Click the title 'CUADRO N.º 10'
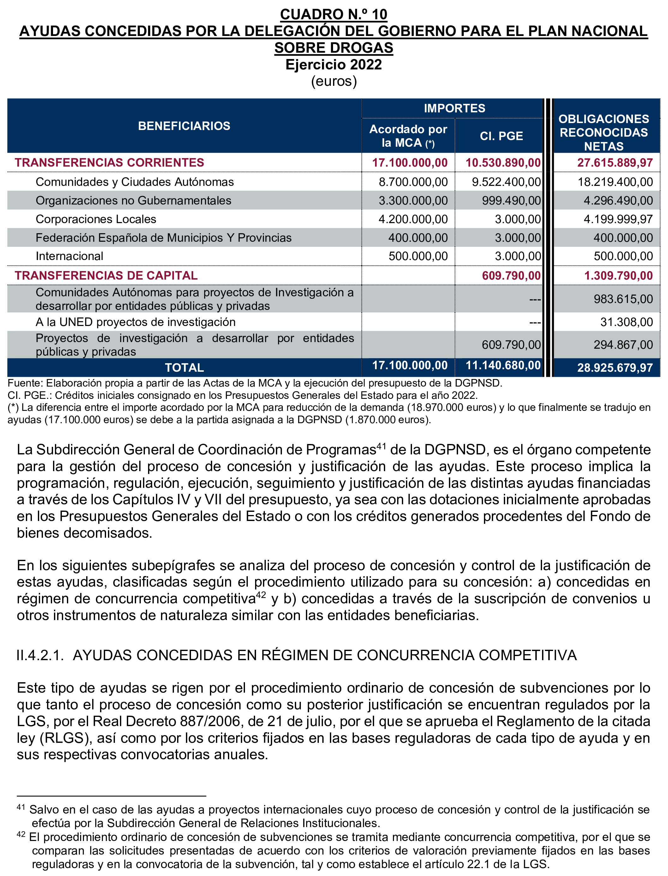(x=334, y=14)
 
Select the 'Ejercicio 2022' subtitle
(x=334, y=64)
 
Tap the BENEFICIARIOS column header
(x=184, y=126)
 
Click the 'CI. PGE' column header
(x=501, y=136)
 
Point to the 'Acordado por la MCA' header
(x=409, y=136)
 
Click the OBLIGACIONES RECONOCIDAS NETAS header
(x=604, y=132)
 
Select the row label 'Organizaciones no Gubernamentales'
(x=133, y=200)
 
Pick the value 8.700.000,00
(x=413, y=182)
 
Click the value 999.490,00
(x=511, y=200)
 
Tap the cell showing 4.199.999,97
(x=618, y=219)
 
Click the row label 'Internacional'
(x=69, y=256)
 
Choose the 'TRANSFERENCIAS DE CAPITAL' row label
(x=106, y=275)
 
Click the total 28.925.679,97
(x=615, y=368)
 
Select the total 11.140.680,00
(x=503, y=365)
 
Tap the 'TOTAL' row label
(x=184, y=368)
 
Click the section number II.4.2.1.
(x=40, y=655)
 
